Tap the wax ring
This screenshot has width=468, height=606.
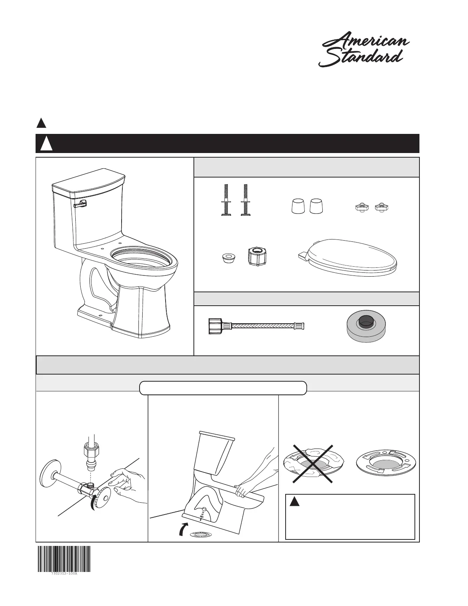tap(366, 324)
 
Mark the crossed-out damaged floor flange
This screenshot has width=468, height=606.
tap(314, 463)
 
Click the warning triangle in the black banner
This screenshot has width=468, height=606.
tap(47, 143)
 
